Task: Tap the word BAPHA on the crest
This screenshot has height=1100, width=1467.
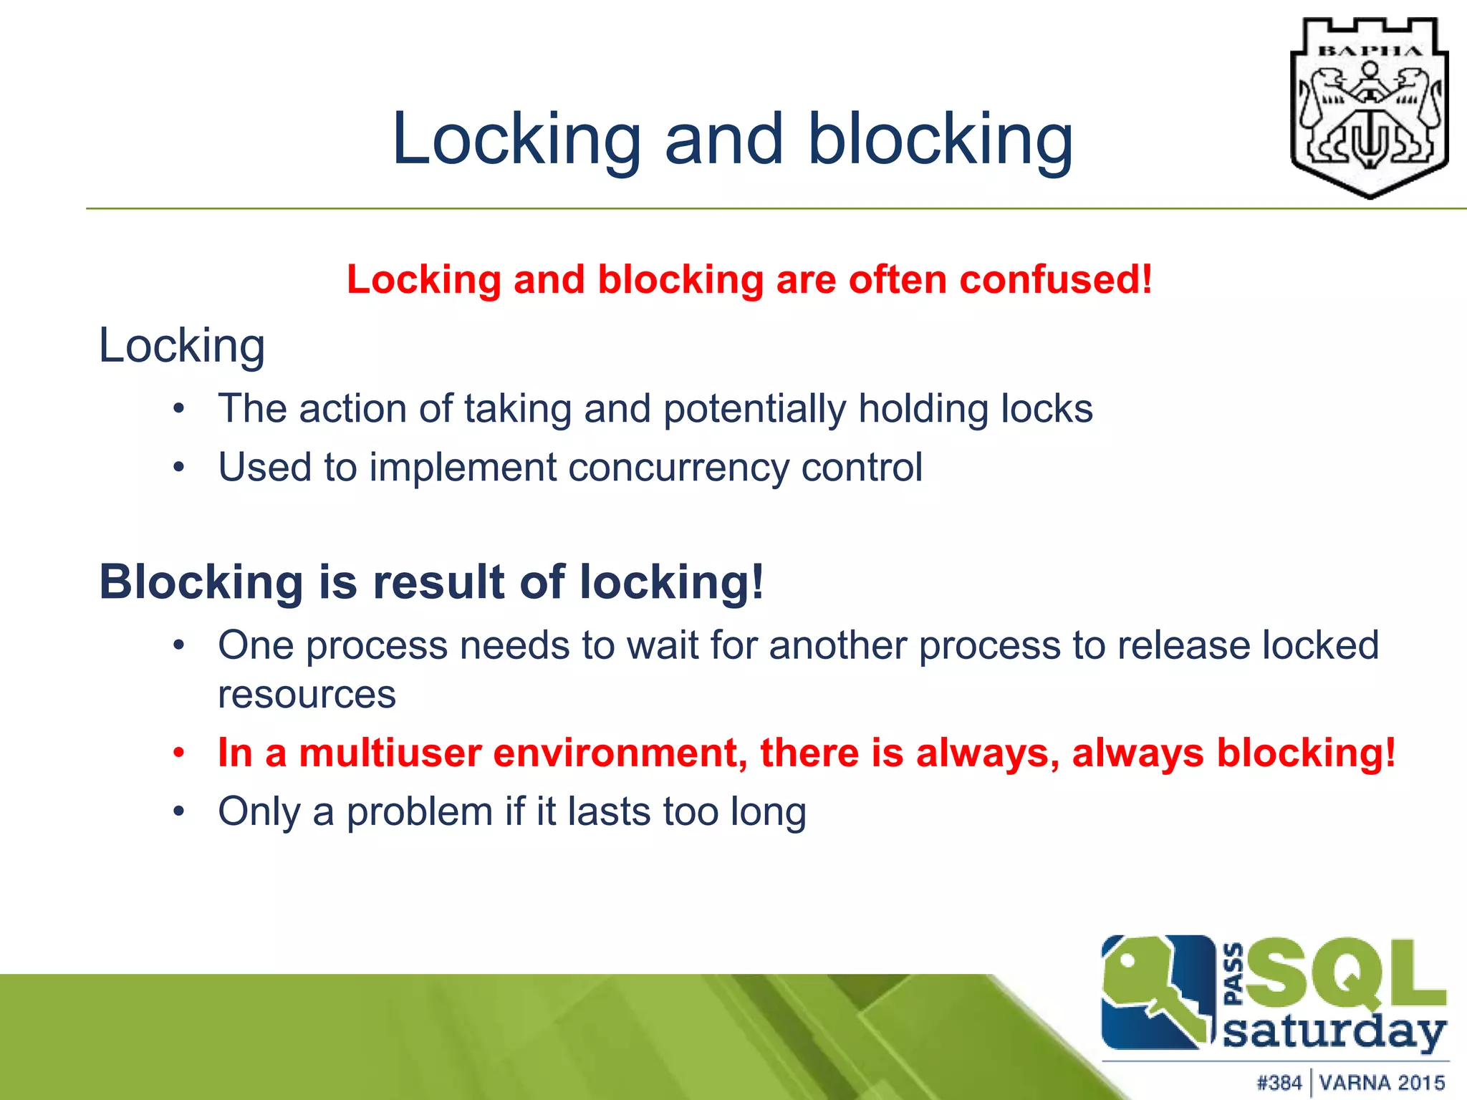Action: tap(1370, 51)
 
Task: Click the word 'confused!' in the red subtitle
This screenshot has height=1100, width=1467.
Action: tap(1056, 279)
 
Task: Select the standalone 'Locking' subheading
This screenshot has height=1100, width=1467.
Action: tap(182, 346)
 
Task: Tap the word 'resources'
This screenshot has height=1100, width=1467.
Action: tap(307, 694)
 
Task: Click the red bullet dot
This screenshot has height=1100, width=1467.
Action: tap(179, 753)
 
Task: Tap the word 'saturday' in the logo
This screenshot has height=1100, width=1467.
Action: tap(1334, 1033)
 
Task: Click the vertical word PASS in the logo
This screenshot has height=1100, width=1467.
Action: tap(1233, 975)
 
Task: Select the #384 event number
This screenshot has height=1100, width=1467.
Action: tap(1279, 1082)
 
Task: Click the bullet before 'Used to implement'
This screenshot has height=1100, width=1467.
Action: tap(179, 468)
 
